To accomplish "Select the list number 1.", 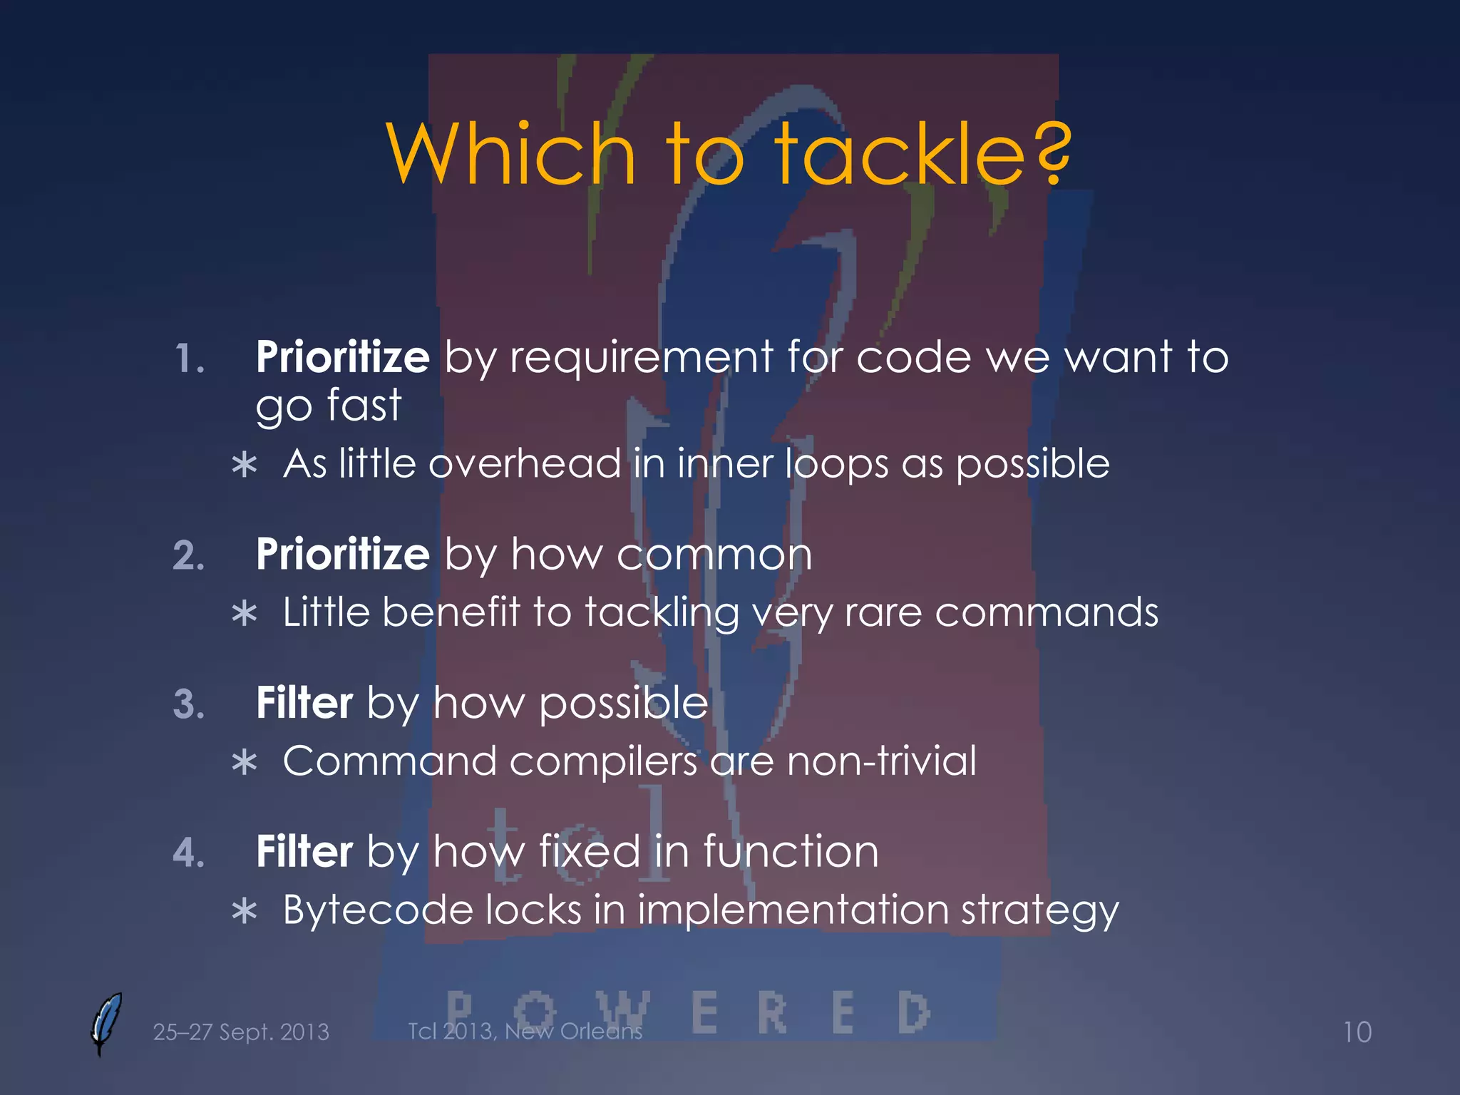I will tap(190, 359).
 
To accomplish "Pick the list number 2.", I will tap(189, 556).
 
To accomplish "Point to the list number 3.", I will tap(189, 704).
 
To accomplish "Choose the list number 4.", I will tap(189, 853).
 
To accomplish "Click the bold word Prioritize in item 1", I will tap(342, 357).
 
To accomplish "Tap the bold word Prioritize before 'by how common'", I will tap(342, 555).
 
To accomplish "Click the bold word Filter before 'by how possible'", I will tap(304, 703).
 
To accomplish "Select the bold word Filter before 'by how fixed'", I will tap(304, 851).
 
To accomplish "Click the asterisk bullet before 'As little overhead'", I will tap(245, 466).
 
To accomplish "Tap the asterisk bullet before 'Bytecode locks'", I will tap(245, 912).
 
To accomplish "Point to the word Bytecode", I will tap(378, 910).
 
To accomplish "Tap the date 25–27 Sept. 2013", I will tap(241, 1032).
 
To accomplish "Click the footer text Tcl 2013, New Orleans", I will tap(525, 1031).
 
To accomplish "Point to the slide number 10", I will tap(1357, 1032).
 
